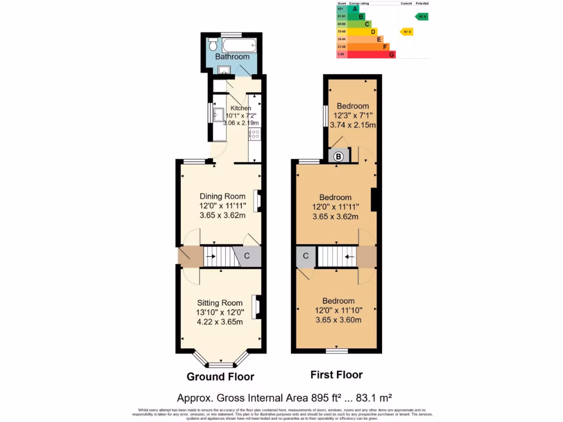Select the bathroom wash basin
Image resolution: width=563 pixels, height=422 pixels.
[224, 70]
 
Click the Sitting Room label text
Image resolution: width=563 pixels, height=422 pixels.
[220, 303]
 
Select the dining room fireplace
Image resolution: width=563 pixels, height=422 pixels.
[257, 201]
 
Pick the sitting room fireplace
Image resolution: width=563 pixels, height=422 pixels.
[256, 307]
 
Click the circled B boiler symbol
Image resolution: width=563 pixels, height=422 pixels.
[339, 157]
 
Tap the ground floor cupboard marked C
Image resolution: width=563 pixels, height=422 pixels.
[247, 256]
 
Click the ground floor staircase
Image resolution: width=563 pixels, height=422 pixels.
[219, 257]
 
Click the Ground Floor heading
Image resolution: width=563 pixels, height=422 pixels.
[220, 376]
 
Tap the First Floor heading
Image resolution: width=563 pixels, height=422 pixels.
[336, 375]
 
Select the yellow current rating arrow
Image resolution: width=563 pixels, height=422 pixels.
[407, 31]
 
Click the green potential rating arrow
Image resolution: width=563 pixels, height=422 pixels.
[422, 16]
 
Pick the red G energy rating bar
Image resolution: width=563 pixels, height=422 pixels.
[371, 54]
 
